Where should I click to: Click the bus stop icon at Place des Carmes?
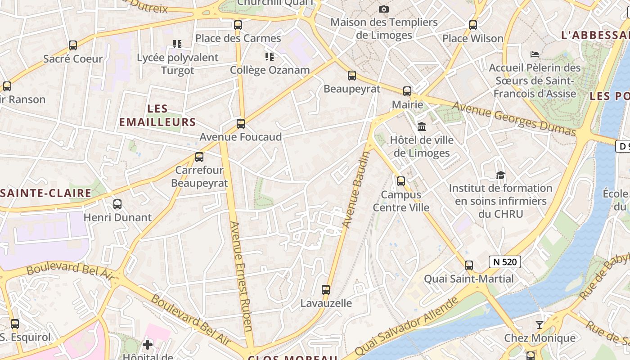pyautogui.click(x=238, y=25)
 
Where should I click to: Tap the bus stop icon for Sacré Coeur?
pyautogui.click(x=73, y=45)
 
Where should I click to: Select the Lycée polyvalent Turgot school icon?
pyautogui.click(x=177, y=44)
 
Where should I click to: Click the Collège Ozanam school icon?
pyautogui.click(x=270, y=57)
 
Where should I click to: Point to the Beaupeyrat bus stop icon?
pyautogui.click(x=352, y=76)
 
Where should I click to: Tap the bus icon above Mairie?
pyautogui.click(x=407, y=91)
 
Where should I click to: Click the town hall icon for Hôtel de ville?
pyautogui.click(x=422, y=127)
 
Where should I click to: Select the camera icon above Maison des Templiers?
pyautogui.click(x=383, y=9)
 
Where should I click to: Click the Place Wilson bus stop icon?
pyautogui.click(x=473, y=25)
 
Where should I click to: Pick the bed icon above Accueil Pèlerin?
pyautogui.click(x=535, y=54)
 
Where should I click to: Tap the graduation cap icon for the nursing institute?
pyautogui.click(x=500, y=175)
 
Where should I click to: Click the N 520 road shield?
pyautogui.click(x=505, y=262)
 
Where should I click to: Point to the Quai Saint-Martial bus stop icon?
pyautogui.click(x=469, y=265)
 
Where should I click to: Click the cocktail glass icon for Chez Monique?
pyautogui.click(x=540, y=324)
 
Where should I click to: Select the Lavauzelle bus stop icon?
pyautogui.click(x=326, y=290)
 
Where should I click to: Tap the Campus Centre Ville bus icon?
pyautogui.click(x=401, y=181)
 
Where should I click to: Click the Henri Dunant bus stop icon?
pyautogui.click(x=117, y=204)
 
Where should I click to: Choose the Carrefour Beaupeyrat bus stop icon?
pyautogui.click(x=199, y=157)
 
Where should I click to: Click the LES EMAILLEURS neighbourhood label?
pyautogui.click(x=157, y=115)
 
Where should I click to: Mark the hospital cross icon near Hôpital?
pyautogui.click(x=148, y=345)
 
